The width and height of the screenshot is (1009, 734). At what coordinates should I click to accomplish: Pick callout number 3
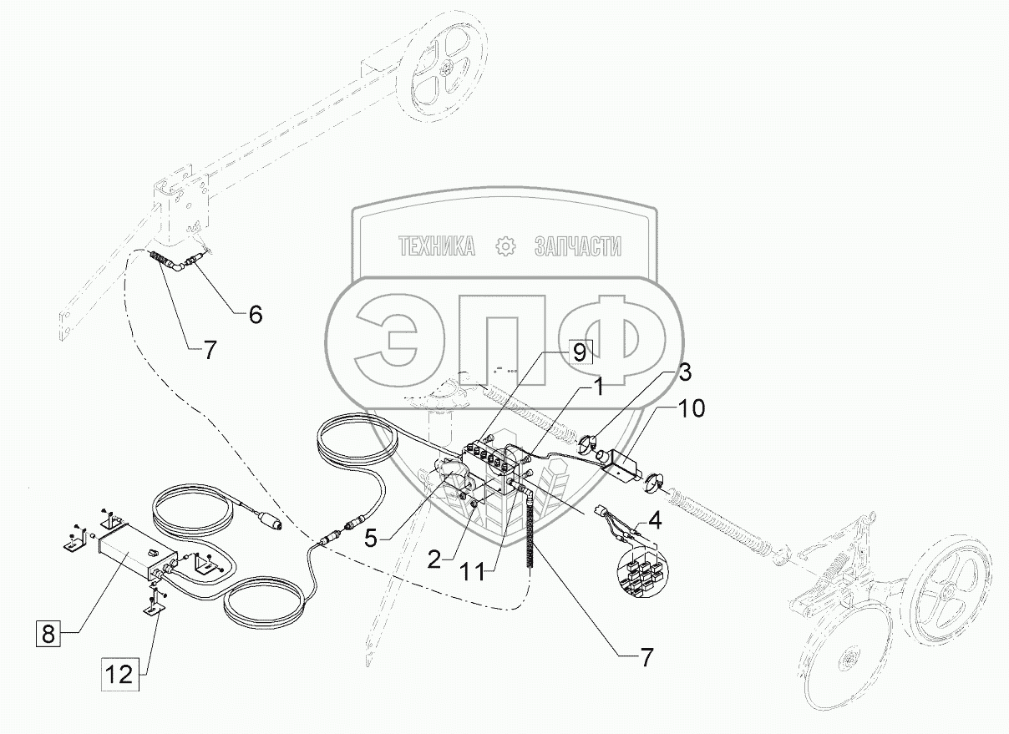point(683,370)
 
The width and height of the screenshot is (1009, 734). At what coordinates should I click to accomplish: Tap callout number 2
point(434,560)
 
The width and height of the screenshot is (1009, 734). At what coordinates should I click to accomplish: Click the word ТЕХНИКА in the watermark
point(437,246)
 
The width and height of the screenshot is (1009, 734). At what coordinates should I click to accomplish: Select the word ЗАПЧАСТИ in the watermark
point(577,246)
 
